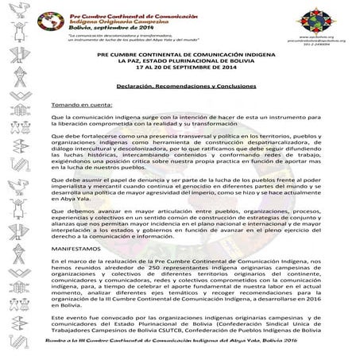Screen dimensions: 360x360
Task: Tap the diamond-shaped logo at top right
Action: pyautogui.click(x=315, y=17)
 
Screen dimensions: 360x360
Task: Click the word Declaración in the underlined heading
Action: pyautogui.click(x=133, y=85)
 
